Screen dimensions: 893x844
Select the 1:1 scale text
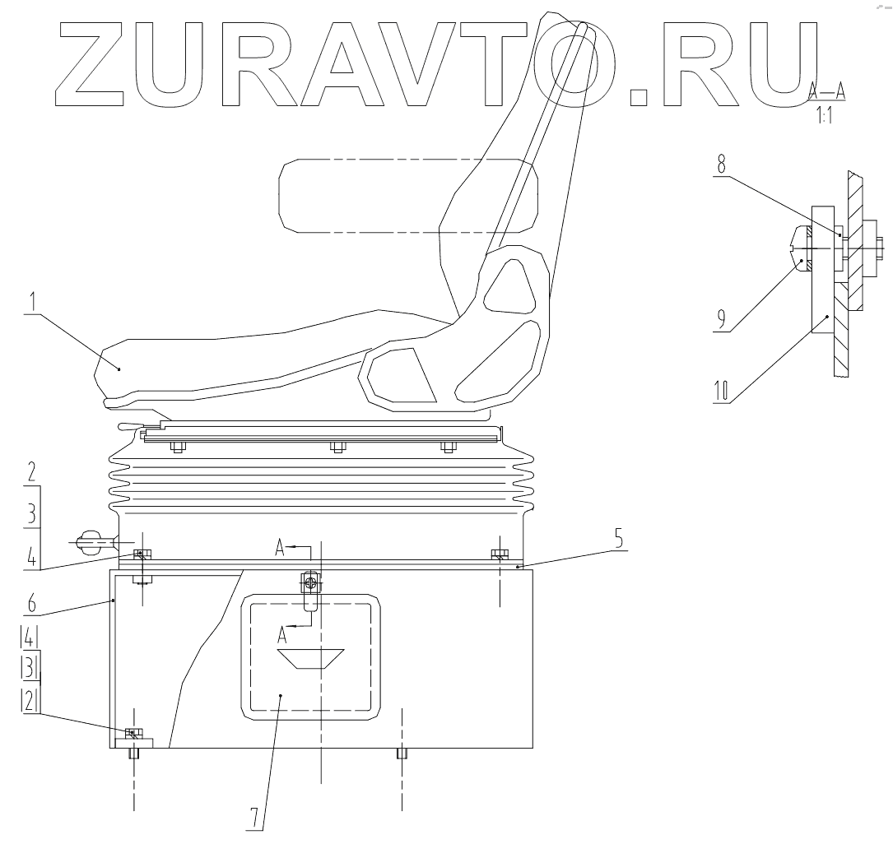(x=824, y=117)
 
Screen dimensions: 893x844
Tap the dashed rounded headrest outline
(x=408, y=196)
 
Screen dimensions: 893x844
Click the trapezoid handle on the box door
(x=311, y=658)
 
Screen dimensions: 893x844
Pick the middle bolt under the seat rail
(x=336, y=448)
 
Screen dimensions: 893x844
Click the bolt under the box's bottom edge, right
(x=402, y=754)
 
